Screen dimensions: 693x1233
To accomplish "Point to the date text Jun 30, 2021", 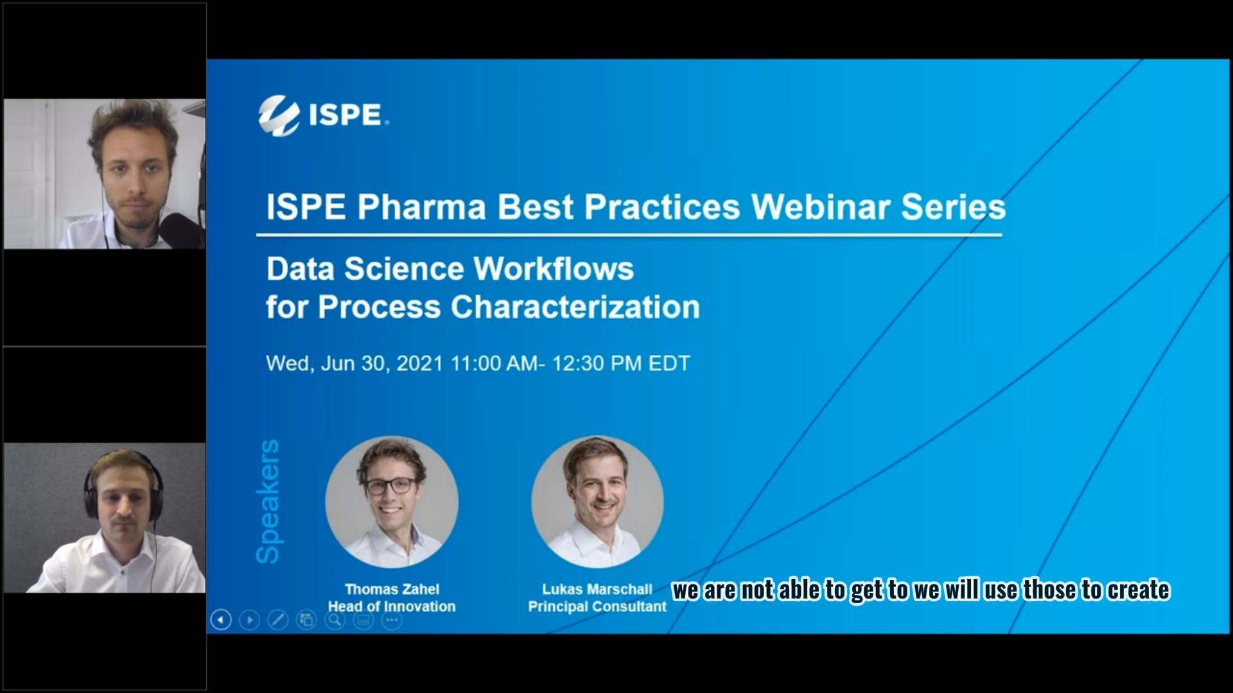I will pyautogui.click(x=382, y=363).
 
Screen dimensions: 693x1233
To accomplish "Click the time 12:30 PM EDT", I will pyautogui.click(x=620, y=363).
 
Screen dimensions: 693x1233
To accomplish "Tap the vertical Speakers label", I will pyautogui.click(x=268, y=501).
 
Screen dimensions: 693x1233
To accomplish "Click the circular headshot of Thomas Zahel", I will pyautogui.click(x=392, y=502).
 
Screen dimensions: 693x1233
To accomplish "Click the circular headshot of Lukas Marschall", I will pyautogui.click(x=597, y=502).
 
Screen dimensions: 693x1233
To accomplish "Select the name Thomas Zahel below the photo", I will pyautogui.click(x=392, y=589).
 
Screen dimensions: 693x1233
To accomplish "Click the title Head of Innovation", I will pyautogui.click(x=392, y=606).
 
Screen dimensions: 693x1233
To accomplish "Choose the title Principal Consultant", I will pyautogui.click(x=597, y=606).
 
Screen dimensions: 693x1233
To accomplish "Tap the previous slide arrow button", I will pyautogui.click(x=221, y=620).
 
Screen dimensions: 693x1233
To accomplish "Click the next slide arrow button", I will pyautogui.click(x=249, y=620).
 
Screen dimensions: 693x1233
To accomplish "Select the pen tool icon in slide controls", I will pyautogui.click(x=277, y=620).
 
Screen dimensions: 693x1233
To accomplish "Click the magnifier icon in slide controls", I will pyautogui.click(x=335, y=620).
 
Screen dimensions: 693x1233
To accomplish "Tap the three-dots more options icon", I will pyautogui.click(x=392, y=620).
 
